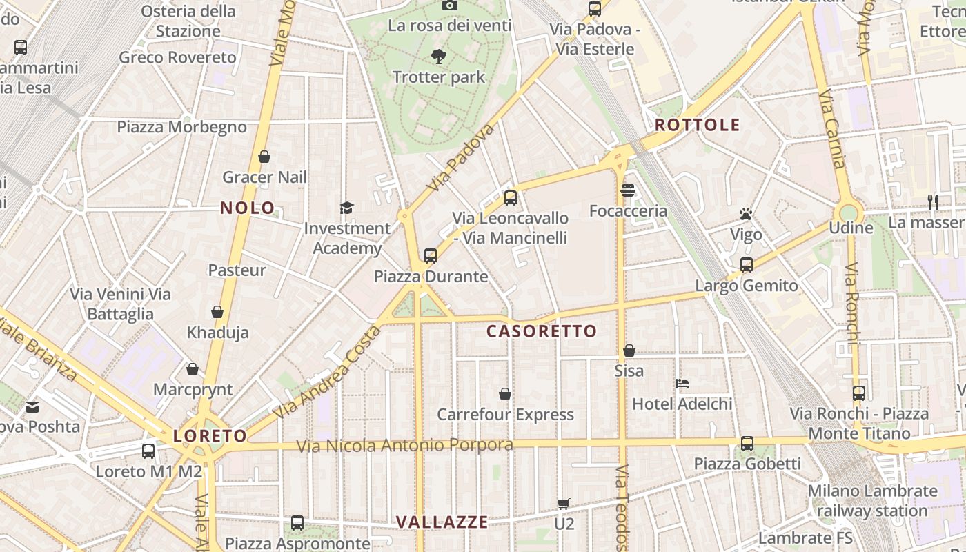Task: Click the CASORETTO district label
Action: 542,331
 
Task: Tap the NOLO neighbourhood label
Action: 247,208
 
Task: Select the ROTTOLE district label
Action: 697,126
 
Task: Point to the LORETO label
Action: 210,436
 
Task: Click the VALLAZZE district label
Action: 442,522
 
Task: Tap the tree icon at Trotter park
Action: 438,57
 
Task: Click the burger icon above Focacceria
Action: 628,190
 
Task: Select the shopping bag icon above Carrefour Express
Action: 505,394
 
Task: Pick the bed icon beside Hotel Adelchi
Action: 682,383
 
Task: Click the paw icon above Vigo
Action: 746,213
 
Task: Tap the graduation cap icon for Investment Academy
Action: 346,208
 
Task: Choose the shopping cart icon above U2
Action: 564,504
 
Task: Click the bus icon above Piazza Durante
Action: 431,256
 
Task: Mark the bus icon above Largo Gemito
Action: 746,264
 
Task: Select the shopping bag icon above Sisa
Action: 629,351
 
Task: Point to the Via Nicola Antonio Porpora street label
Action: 405,446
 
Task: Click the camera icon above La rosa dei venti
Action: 449,6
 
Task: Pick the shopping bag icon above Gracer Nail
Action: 264,157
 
